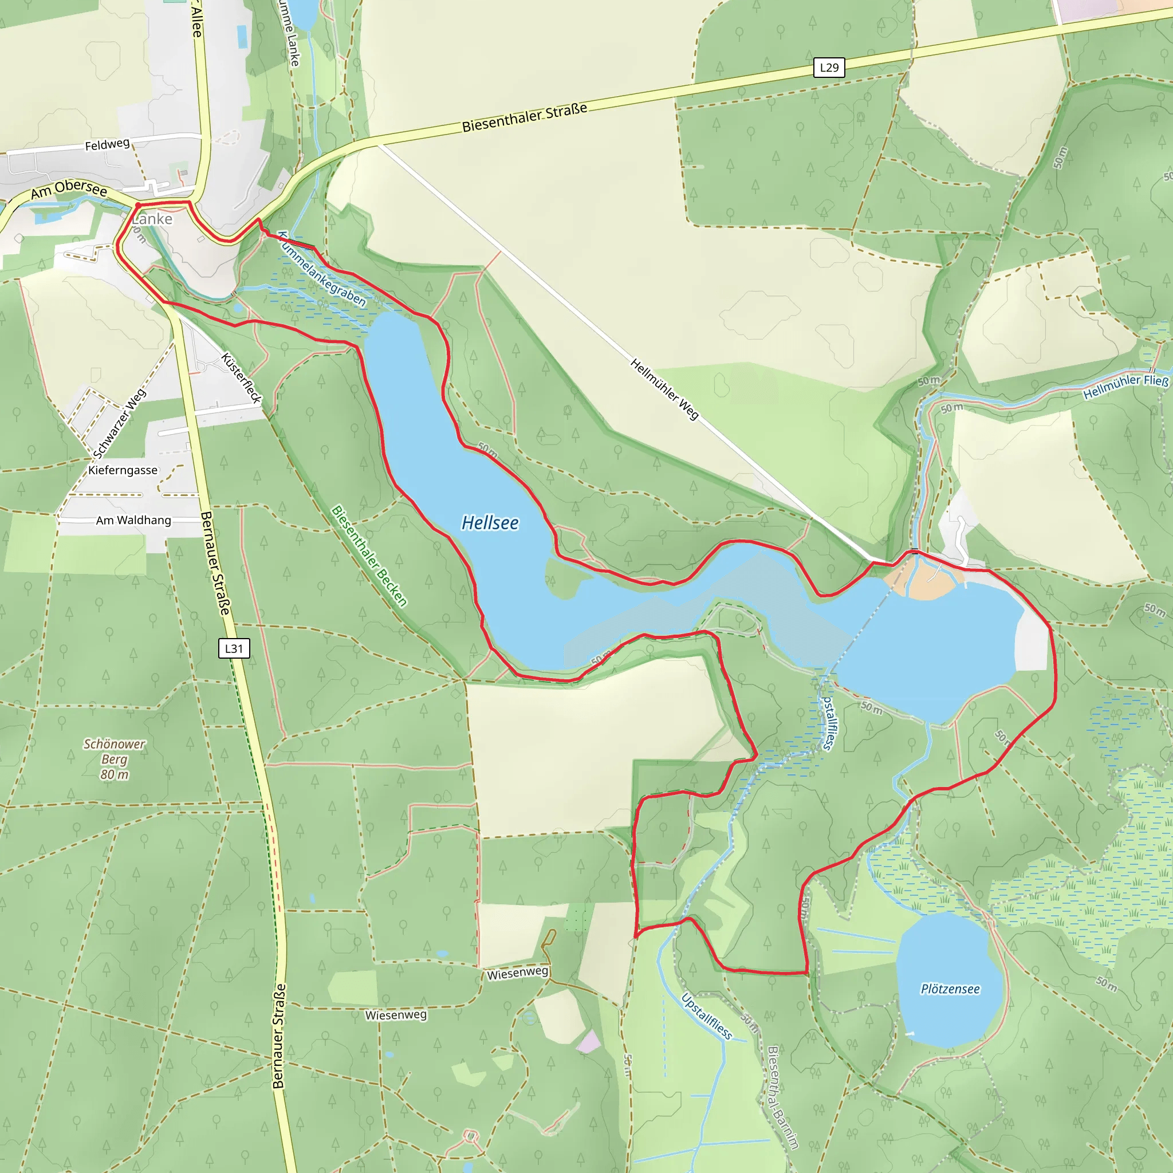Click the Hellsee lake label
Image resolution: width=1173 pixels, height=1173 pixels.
490,523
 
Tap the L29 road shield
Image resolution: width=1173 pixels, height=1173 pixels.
829,68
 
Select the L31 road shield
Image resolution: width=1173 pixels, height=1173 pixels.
234,648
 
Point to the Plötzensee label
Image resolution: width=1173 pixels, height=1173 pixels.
950,989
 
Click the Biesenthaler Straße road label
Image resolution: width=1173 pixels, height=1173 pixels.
525,117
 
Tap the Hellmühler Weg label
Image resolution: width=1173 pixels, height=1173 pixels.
665,389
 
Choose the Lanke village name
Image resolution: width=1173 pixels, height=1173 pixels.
152,219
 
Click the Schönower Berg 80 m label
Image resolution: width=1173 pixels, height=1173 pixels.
114,759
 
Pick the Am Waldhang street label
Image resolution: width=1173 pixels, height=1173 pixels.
133,520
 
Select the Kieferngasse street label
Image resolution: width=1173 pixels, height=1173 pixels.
123,471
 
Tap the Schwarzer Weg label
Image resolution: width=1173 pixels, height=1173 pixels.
120,423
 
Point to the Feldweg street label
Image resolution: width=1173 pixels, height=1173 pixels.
108,144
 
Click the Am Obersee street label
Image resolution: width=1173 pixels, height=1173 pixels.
69,189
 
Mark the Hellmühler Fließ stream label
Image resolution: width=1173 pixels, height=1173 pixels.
1125,387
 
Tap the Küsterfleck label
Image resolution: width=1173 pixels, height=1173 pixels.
242,377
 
